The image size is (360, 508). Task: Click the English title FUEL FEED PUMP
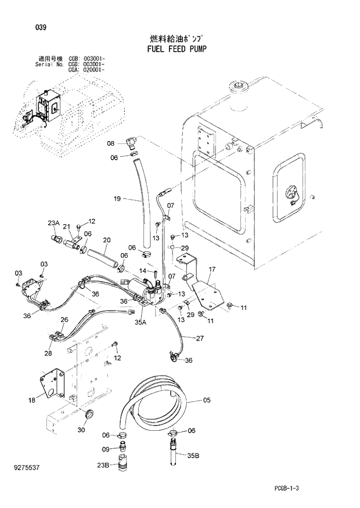[x=174, y=49]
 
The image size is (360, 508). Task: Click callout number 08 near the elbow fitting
[x=111, y=143]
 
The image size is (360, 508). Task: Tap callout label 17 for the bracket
[x=212, y=269]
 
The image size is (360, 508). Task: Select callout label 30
[x=81, y=430]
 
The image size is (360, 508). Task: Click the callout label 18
[x=31, y=399]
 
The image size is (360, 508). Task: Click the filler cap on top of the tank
[x=238, y=88]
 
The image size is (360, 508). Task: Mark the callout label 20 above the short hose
[x=106, y=240]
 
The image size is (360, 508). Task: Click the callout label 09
[x=105, y=449]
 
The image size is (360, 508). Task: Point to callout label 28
[x=48, y=353]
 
